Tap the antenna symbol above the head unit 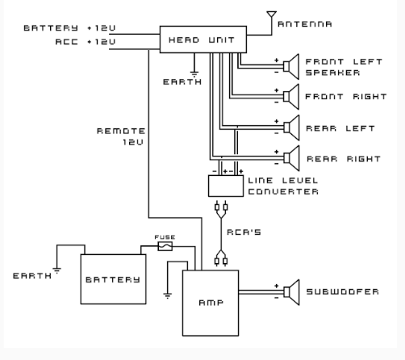[272, 14]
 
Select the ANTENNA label [305, 24]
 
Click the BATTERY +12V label [69, 28]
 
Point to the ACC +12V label [86, 42]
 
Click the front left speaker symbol [291, 66]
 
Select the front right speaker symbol [291, 97]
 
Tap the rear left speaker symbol [291, 128]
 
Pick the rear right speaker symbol [291, 158]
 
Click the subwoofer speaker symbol [291, 292]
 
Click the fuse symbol [165, 246]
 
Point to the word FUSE [165, 237]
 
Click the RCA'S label [244, 232]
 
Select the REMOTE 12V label [121, 136]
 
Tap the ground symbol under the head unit [194, 74]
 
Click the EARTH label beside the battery [32, 276]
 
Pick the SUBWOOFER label [343, 291]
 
